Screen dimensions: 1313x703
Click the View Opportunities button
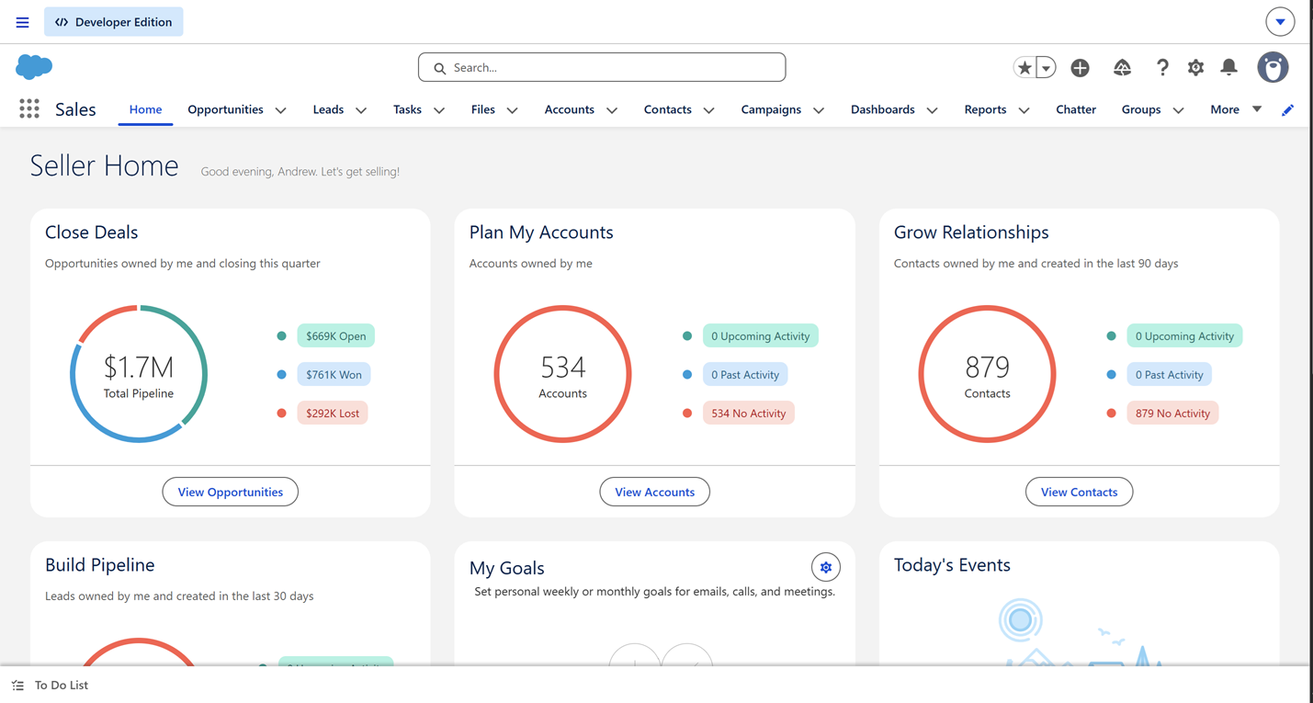230,492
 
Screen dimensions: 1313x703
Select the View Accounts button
654,492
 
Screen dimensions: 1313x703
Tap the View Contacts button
1079,492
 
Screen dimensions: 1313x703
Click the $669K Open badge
335,336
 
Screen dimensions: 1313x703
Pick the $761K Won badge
334,375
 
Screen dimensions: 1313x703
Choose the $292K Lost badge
333,414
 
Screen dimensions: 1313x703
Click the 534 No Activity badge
749,414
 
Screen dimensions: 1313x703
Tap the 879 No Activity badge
1172,414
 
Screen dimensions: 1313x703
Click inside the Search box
602,67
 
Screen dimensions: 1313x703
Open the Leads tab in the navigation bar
328,109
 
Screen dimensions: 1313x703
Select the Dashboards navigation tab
882,109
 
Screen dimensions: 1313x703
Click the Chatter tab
1076,109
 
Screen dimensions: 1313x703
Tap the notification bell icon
1228,67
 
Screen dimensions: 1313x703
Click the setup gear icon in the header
1195,67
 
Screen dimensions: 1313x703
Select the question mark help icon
1161,67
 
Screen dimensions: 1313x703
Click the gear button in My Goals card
825,567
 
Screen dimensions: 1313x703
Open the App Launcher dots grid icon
29,109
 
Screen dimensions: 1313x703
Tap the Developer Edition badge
113,22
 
